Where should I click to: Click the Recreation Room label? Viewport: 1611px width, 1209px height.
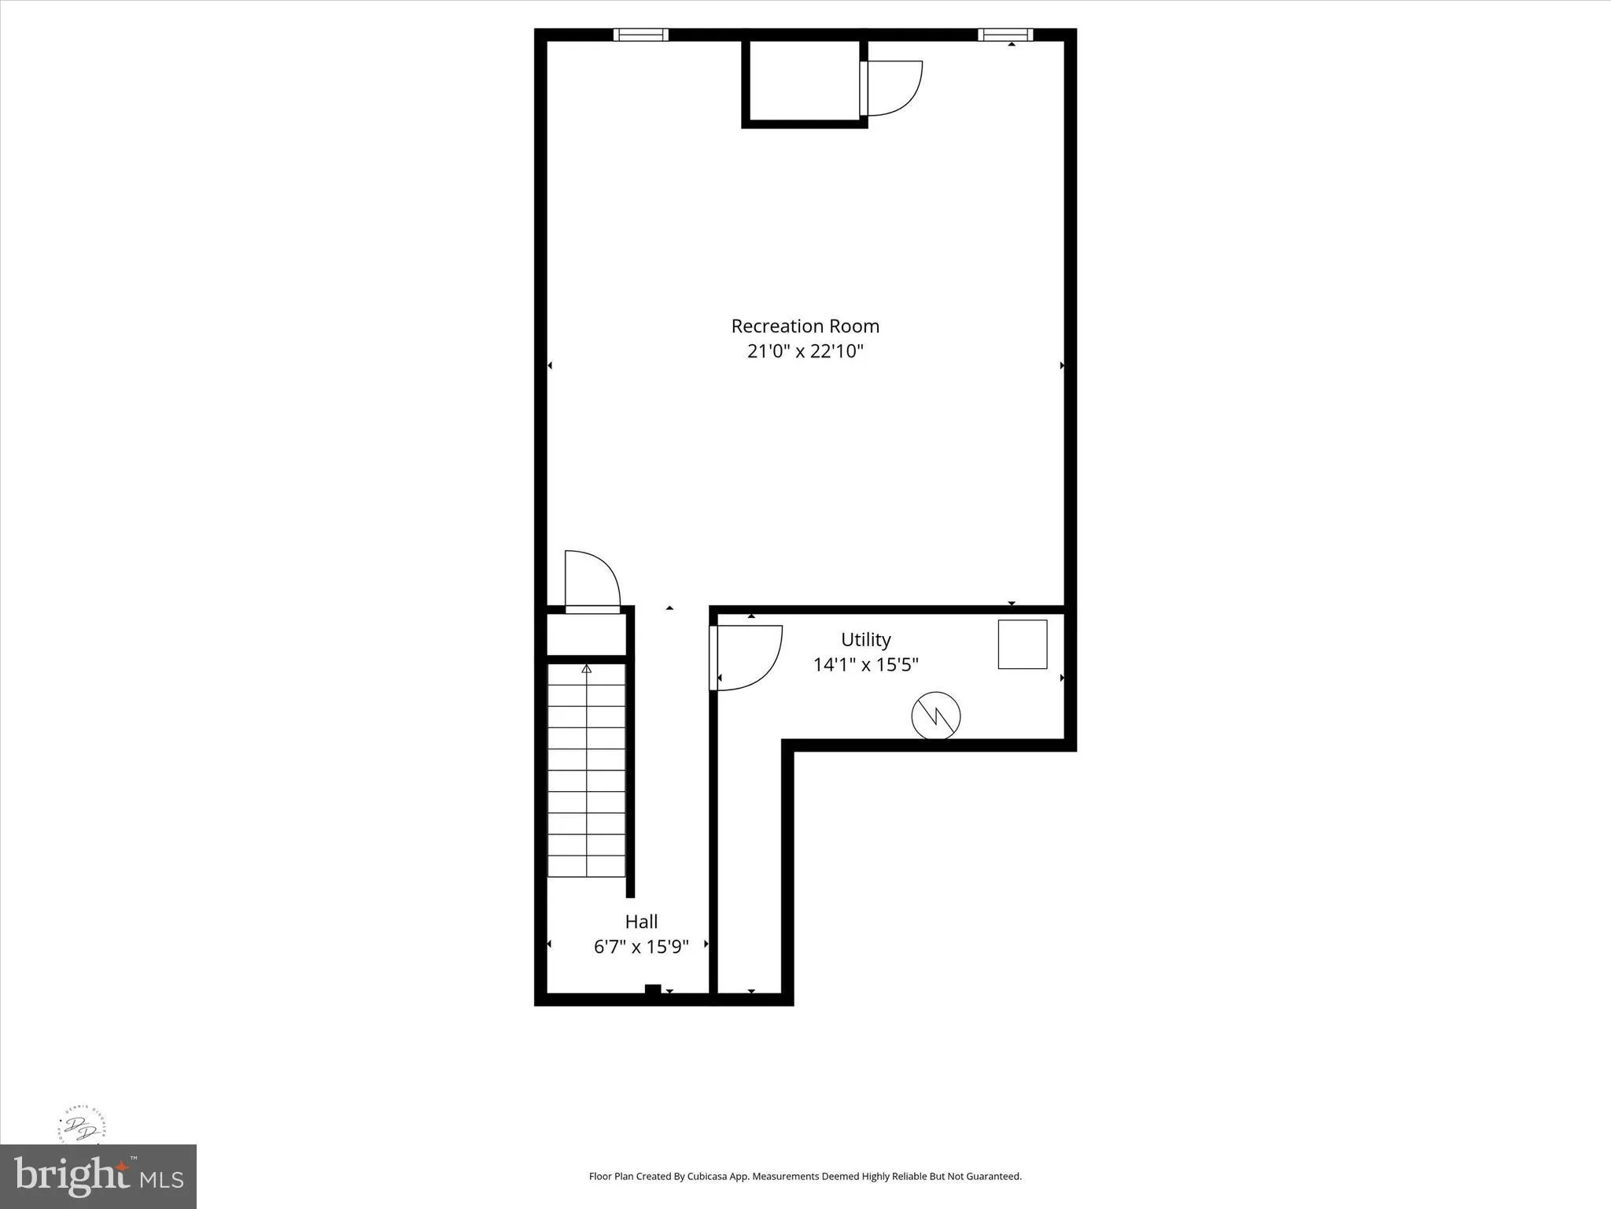click(805, 326)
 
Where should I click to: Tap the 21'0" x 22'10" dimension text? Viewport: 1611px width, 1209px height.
click(805, 351)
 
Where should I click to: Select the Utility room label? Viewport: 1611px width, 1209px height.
click(865, 639)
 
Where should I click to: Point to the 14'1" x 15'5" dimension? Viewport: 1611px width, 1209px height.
click(865, 665)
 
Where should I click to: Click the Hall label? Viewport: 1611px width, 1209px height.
click(641, 921)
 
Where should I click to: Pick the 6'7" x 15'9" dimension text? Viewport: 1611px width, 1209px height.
click(641, 946)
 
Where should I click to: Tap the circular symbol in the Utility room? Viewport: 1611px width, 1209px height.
click(935, 715)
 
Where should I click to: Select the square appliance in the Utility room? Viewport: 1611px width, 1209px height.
click(1022, 644)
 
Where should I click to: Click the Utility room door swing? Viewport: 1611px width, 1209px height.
click(747, 657)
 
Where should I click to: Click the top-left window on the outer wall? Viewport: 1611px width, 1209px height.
click(640, 35)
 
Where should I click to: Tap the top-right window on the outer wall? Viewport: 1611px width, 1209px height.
click(1005, 35)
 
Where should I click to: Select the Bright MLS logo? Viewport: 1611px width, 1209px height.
click(98, 1177)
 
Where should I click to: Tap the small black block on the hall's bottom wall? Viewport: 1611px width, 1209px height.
click(652, 990)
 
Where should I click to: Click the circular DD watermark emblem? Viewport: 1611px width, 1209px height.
click(82, 1129)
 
